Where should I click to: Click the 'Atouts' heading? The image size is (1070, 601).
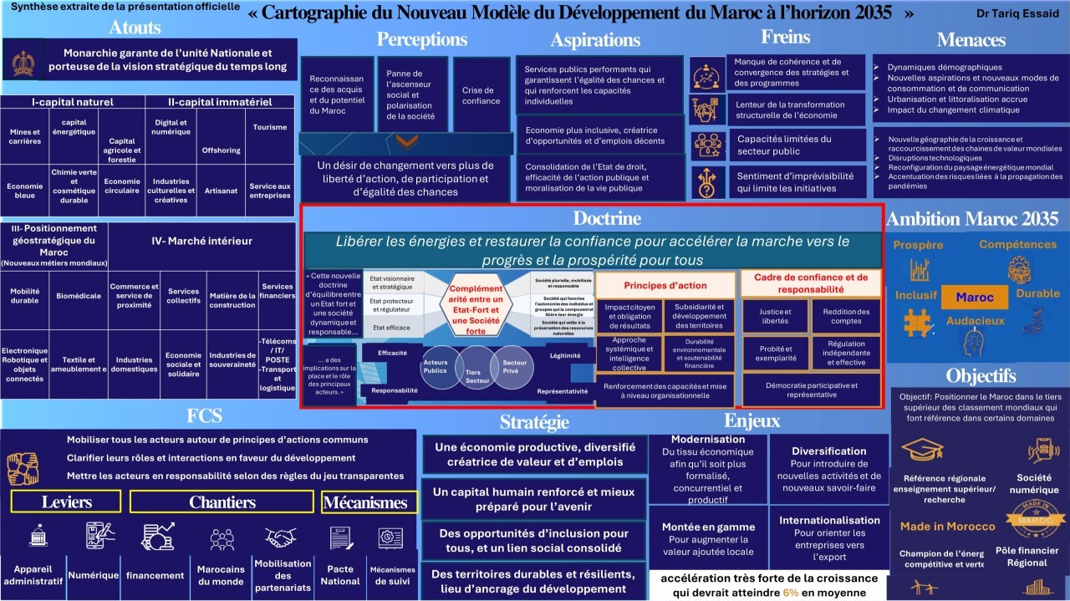(135, 27)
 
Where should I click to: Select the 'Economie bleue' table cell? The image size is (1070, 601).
(25, 191)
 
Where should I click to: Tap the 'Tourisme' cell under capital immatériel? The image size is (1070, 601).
(270, 127)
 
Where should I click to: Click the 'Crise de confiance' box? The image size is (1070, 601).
(481, 95)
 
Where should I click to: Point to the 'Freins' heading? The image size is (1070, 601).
(785, 37)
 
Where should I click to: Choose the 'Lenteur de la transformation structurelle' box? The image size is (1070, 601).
(789, 110)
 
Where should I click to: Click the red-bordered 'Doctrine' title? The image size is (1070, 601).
(607, 219)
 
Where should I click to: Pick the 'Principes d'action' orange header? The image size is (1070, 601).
(665, 285)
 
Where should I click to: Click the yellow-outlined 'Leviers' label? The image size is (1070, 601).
(67, 502)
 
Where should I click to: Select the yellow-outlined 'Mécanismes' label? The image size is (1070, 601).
(365, 502)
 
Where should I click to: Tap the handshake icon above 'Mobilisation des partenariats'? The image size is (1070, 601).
(281, 537)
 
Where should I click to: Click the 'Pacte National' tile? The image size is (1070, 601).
(340, 574)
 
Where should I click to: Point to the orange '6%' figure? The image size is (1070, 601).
(790, 593)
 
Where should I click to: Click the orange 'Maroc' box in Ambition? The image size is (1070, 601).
(974, 298)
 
